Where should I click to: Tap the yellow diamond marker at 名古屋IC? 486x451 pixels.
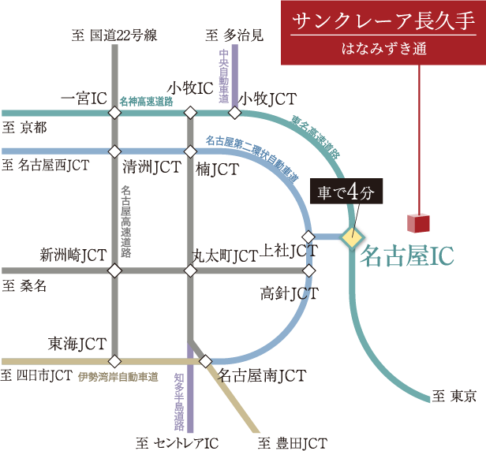(x=352, y=237)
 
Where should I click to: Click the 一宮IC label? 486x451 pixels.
(x=84, y=99)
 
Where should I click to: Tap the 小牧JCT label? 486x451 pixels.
(x=268, y=99)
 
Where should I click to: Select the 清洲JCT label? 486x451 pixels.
(x=151, y=167)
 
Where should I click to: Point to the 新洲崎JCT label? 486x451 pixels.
(x=73, y=254)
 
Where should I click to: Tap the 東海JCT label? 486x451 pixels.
(x=77, y=344)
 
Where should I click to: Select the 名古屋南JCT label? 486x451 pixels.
(x=262, y=375)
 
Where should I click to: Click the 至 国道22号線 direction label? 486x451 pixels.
(x=114, y=35)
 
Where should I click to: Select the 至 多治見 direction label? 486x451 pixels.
(x=234, y=35)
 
